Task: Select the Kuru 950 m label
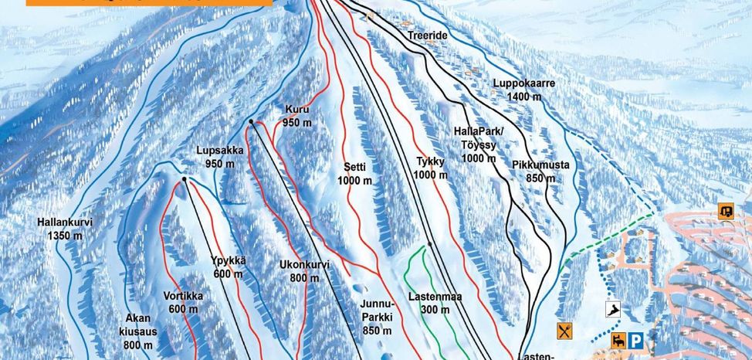297,116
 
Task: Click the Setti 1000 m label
354,173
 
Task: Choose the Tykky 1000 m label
431,168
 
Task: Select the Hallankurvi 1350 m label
65,229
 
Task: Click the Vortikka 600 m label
183,301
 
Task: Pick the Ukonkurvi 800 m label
304,271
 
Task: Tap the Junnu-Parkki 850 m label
377,317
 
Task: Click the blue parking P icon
635,339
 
